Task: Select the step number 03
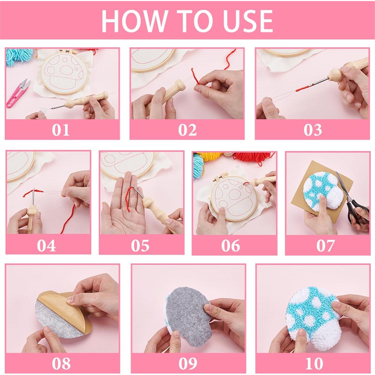[312, 130]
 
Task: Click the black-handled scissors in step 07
[353, 200]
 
